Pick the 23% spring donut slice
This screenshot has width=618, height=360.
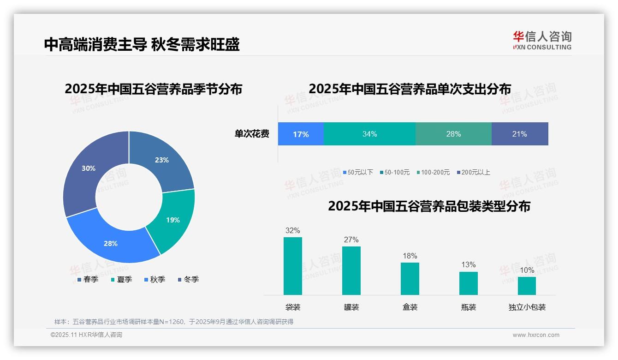pyautogui.click(x=161, y=160)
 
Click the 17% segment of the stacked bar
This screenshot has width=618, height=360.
pyautogui.click(x=301, y=134)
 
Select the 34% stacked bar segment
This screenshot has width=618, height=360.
pyautogui.click(x=369, y=134)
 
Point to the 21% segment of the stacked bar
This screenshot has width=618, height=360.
pyautogui.click(x=520, y=134)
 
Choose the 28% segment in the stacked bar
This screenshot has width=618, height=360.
pyautogui.click(x=453, y=134)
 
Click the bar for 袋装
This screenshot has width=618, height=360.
pyautogui.click(x=293, y=266)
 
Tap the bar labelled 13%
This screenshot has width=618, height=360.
pyautogui.click(x=469, y=283)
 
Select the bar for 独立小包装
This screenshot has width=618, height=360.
pyautogui.click(x=527, y=286)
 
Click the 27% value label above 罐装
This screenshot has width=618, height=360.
pyautogui.click(x=351, y=240)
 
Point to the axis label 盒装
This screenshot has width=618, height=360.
pyautogui.click(x=410, y=307)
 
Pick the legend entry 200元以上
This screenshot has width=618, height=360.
pyautogui.click(x=475, y=172)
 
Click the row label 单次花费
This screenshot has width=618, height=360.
pyautogui.click(x=252, y=134)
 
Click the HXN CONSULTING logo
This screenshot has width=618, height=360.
pyautogui.click(x=542, y=41)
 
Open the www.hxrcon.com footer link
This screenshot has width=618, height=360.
pyautogui.click(x=536, y=335)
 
